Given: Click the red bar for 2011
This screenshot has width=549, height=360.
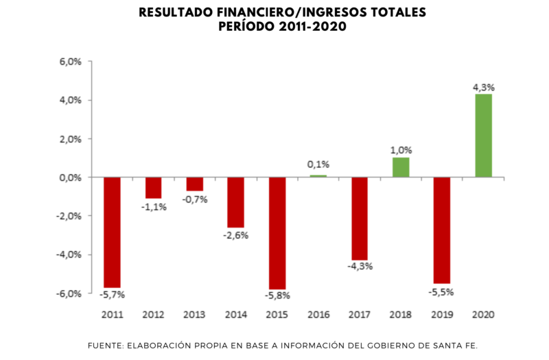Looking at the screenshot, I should [x=112, y=232].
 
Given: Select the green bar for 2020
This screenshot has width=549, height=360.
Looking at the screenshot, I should [x=483, y=136].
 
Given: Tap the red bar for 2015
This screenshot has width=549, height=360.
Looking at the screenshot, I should [x=277, y=233].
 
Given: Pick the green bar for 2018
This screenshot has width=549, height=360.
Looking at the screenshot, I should [x=401, y=167].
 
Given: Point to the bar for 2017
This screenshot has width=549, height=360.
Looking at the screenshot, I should [x=360, y=218].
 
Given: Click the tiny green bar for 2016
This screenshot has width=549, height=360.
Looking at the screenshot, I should [x=318, y=176].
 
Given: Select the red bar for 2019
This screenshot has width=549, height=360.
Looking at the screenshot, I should [x=442, y=230].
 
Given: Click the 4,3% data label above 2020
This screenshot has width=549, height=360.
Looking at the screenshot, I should [x=483, y=87].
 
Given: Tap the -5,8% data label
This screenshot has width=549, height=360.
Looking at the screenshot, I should [x=277, y=296].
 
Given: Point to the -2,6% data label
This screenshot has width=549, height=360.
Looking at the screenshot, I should [x=236, y=235].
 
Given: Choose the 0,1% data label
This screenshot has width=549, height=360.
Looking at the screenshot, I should [x=318, y=165].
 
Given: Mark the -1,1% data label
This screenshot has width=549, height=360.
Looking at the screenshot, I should [x=153, y=206].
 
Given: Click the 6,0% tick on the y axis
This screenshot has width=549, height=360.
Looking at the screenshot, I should [x=71, y=62].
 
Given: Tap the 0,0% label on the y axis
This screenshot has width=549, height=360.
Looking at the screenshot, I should [x=71, y=178].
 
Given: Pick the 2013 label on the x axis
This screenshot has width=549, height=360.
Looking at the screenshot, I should [x=194, y=315].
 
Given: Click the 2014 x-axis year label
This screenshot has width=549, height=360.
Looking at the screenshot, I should [x=236, y=315].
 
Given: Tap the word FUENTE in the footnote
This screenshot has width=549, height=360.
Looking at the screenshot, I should [x=107, y=345].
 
